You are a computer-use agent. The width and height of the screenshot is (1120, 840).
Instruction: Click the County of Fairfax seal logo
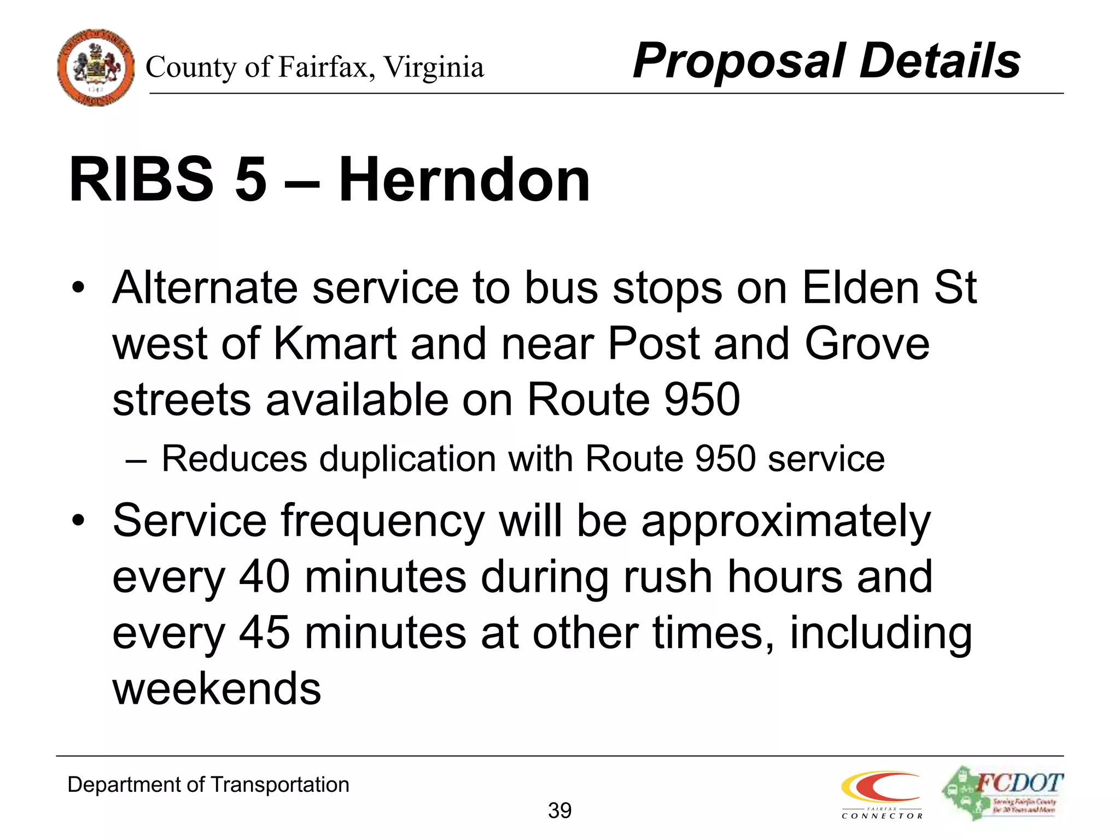pyautogui.click(x=96, y=67)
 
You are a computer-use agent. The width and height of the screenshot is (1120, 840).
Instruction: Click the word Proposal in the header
pyautogui.click(x=738, y=62)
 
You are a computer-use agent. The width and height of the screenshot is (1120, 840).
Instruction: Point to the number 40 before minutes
pyautogui.click(x=264, y=576)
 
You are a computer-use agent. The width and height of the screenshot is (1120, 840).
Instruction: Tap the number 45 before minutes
pyautogui.click(x=264, y=633)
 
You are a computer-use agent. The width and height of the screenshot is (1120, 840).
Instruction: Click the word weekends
pyautogui.click(x=217, y=689)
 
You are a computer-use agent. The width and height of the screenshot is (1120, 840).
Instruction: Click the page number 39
pyautogui.click(x=559, y=810)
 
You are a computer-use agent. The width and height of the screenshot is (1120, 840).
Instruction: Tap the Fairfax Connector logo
pyautogui.click(x=882, y=795)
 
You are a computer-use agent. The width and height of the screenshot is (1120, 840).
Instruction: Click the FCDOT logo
pyautogui.click(x=1003, y=793)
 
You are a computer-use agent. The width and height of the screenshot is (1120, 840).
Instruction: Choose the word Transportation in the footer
pyautogui.click(x=279, y=785)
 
